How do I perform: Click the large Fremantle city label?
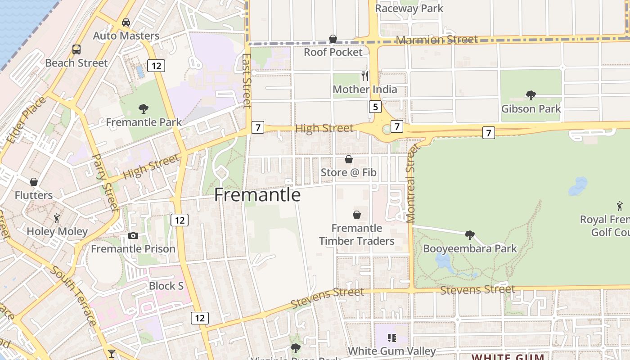point(257,195)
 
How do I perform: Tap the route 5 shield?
point(375,107)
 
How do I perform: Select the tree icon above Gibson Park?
point(531,95)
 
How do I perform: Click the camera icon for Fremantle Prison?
point(133,235)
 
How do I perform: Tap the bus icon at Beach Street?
point(76,49)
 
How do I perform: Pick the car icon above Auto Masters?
point(126,22)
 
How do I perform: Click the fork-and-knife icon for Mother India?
point(364,76)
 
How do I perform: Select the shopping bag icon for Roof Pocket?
point(333,39)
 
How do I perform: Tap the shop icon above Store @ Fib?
point(348,159)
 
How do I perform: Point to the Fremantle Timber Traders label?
point(356,234)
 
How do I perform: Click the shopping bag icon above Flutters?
point(34,182)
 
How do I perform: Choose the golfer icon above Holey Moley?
point(57,218)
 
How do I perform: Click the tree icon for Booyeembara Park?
point(470,235)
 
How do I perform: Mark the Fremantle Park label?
point(144,122)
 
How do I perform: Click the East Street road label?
point(246,81)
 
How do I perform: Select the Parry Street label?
point(105,182)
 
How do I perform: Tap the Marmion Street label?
point(436,40)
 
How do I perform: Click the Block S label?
point(166,286)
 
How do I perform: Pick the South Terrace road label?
point(73,296)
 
